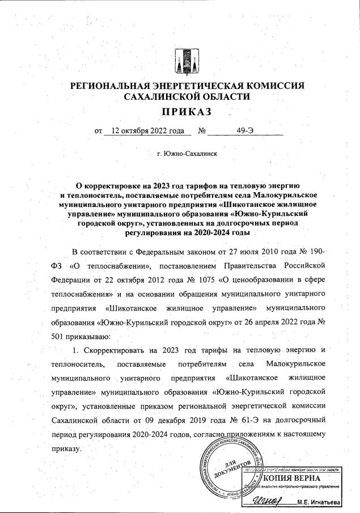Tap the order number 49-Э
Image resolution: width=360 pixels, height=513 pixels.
click(245, 130)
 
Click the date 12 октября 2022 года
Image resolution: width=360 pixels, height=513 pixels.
click(148, 130)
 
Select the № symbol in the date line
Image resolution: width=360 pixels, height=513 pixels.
click(201, 130)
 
